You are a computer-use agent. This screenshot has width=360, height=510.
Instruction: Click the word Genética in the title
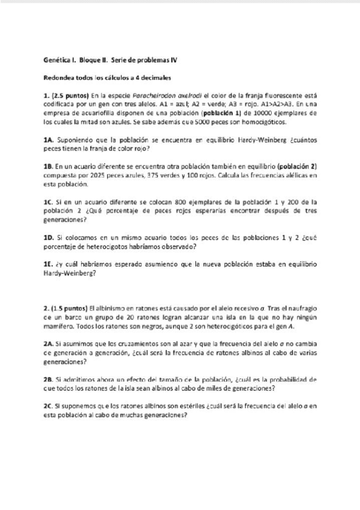(58, 61)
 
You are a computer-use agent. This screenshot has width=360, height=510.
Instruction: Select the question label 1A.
(49, 139)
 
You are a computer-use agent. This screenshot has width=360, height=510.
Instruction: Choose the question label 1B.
(49, 165)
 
